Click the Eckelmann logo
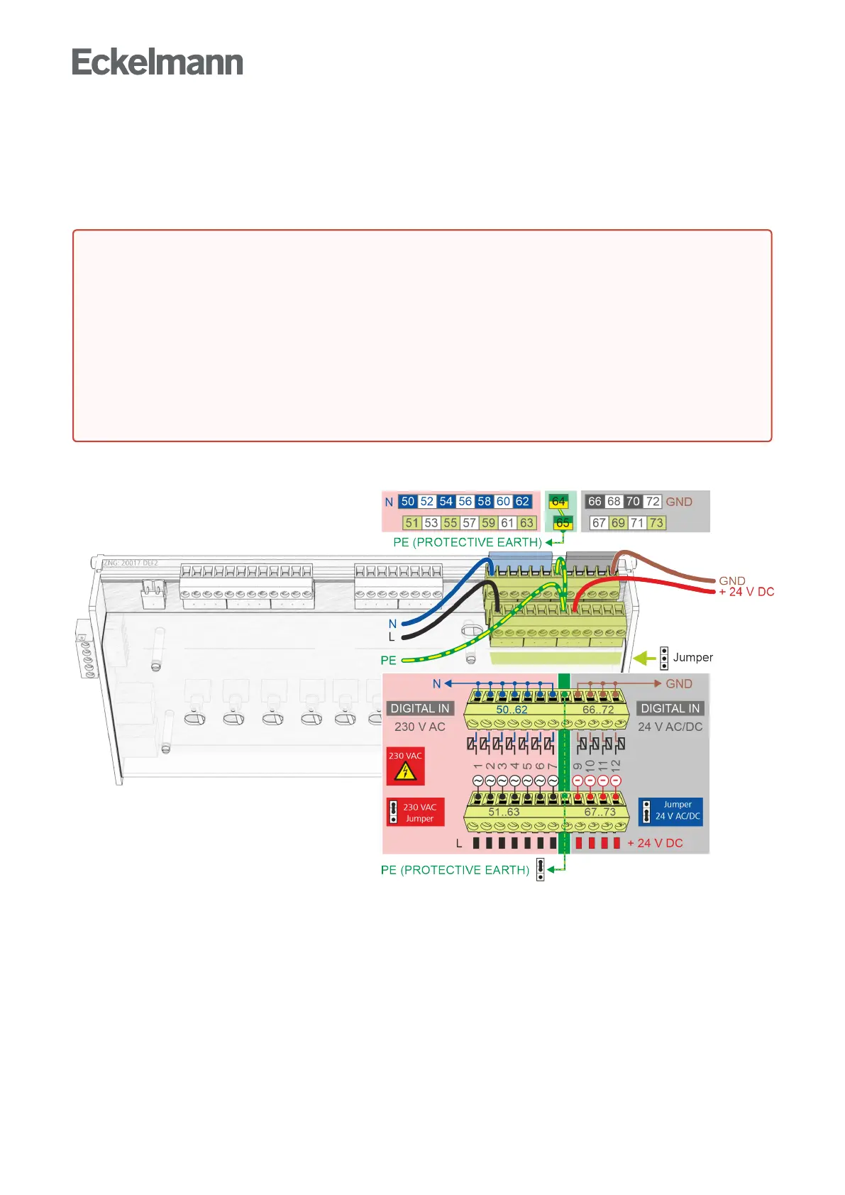(158, 62)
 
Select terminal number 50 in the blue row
(407, 502)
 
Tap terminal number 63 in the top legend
(526, 523)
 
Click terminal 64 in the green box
(559, 502)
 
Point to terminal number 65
(563, 523)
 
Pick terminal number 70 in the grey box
(633, 502)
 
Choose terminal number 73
(656, 523)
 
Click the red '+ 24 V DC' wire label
(746, 592)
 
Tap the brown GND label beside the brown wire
(731, 580)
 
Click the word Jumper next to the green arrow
(692, 658)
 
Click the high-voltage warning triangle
(405, 771)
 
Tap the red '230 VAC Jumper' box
(416, 813)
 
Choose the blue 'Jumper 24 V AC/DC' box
(670, 811)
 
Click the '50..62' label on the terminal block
(512, 710)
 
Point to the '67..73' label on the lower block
(600, 812)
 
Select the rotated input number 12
(615, 765)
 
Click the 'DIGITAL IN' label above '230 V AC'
(420, 708)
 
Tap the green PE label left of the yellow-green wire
(388, 661)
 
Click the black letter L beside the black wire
(391, 637)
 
